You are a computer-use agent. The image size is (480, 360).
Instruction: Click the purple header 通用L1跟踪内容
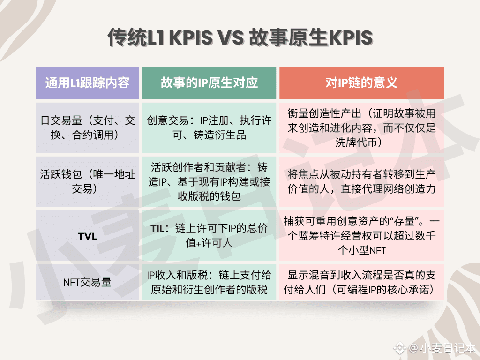coord(88,83)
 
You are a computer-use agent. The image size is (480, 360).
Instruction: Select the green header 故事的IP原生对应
coord(209,83)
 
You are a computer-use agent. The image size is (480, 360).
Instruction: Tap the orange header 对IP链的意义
coord(361,83)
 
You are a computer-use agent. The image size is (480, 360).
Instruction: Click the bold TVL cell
coord(88,236)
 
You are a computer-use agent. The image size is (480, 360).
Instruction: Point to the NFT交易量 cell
coord(88,282)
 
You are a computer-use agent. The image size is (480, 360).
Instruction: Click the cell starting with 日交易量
coord(88,127)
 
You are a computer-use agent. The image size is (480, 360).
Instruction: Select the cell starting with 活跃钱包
coord(88,181)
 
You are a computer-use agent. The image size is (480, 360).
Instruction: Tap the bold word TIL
coord(157,228)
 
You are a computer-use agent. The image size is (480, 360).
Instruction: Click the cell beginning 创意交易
coord(209,127)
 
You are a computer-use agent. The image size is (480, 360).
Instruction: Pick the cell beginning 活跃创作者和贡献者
coord(209,181)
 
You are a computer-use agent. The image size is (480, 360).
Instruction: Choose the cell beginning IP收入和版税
coord(209,282)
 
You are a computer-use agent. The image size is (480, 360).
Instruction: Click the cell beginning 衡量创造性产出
coord(361,127)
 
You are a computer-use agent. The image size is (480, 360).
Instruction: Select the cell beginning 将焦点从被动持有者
coord(361,181)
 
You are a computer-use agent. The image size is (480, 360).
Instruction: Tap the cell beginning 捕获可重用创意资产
coord(361,236)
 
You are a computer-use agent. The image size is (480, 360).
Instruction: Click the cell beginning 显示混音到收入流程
coord(361,282)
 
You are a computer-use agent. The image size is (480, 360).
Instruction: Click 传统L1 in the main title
coord(136,37)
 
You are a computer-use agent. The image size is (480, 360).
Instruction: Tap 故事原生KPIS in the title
coord(311,37)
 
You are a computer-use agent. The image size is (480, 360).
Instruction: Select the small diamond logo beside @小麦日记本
coord(399,348)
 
